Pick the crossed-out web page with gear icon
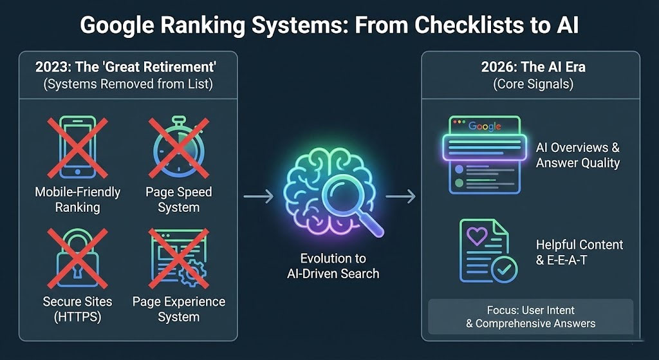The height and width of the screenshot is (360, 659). click(179, 256)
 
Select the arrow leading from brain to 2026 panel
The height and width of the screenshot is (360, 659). click(400, 197)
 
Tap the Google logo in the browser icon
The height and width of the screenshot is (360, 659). click(484, 126)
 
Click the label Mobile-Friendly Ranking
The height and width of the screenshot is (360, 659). click(77, 200)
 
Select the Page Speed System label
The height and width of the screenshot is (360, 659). click(179, 200)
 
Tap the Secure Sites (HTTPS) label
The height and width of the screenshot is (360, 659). click(77, 309)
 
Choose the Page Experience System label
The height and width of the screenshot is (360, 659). click(179, 309)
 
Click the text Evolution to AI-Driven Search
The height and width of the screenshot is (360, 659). click(333, 266)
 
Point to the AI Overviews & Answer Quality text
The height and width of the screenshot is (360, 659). click(577, 155)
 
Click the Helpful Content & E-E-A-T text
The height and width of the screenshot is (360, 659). click(579, 253)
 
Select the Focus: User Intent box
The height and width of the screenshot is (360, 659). click(530, 316)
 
